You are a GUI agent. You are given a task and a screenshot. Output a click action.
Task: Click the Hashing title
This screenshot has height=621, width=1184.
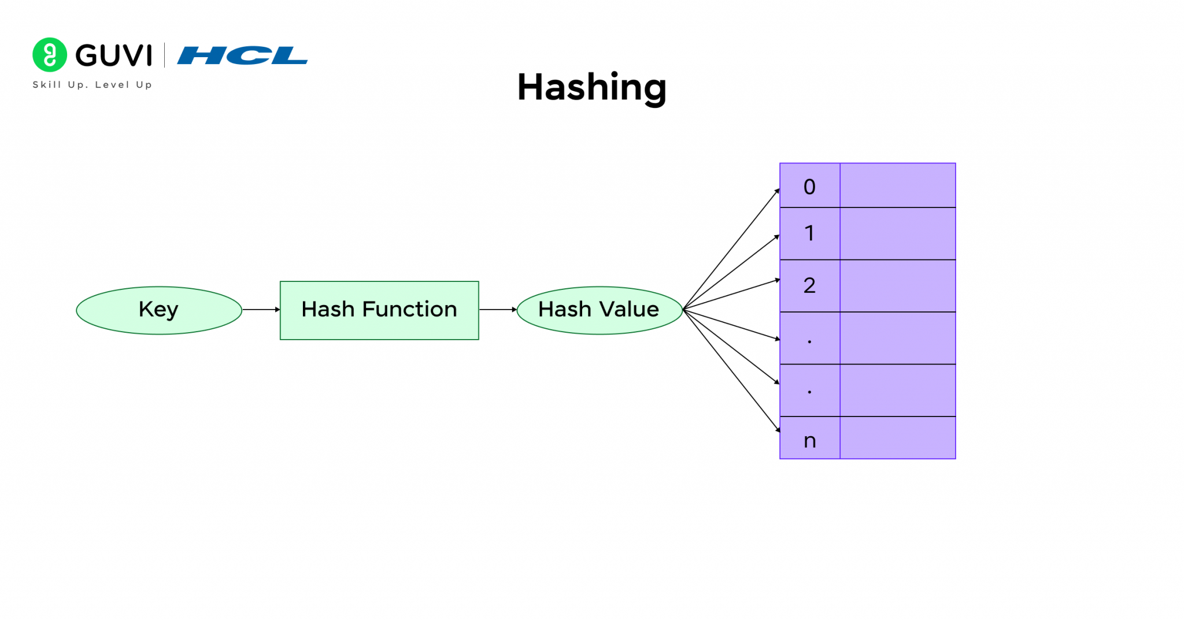(x=591, y=87)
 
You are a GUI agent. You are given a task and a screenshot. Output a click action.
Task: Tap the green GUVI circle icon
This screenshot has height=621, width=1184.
(x=50, y=55)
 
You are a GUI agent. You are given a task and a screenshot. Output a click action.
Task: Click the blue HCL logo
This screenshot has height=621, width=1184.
(x=242, y=55)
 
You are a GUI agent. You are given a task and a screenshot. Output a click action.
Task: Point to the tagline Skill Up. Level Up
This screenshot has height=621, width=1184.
(x=92, y=85)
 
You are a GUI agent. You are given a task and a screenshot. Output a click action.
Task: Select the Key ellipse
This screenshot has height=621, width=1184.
(x=159, y=310)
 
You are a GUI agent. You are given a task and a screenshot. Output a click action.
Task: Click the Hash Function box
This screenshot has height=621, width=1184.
(x=379, y=310)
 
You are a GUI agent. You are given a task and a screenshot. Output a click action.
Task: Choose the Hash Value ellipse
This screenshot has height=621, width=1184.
(x=599, y=310)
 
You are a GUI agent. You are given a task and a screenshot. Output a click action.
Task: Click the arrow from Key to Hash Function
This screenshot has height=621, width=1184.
(x=261, y=310)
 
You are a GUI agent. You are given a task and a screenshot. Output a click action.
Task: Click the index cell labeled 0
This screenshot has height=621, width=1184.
(x=809, y=186)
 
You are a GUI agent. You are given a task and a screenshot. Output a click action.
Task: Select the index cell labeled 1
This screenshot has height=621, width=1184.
(x=809, y=233)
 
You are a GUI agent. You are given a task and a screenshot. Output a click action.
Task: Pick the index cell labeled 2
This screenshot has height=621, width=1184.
(x=809, y=285)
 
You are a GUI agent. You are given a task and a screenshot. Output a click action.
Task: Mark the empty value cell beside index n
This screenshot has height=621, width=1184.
(x=897, y=438)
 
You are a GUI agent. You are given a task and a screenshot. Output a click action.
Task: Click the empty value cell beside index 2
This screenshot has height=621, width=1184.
(x=897, y=285)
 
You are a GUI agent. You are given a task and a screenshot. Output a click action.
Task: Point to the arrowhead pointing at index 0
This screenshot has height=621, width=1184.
(x=778, y=191)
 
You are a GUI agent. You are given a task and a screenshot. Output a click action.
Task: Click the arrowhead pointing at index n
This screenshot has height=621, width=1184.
(x=778, y=429)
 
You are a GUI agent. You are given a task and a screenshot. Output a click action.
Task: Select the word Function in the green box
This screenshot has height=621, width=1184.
(x=409, y=310)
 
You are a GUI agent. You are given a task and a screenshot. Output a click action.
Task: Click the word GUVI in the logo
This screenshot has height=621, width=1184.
(x=114, y=56)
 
